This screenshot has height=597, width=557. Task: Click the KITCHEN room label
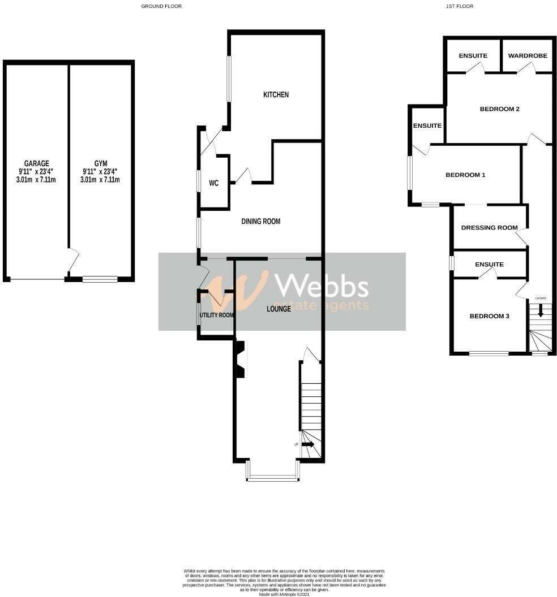pos(276,94)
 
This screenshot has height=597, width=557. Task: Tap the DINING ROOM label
pos(261,222)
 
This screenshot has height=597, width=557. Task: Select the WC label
pos(213,183)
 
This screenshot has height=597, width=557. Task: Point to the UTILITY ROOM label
pos(216,315)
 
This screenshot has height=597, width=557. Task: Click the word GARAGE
pos(36,164)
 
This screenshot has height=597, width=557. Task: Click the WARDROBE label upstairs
pos(526,56)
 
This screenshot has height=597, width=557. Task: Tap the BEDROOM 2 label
pos(499,109)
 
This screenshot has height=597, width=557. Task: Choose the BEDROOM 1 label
pos(465,175)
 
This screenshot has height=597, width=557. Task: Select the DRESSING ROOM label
pos(489,228)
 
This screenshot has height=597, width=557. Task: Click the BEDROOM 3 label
pos(489,317)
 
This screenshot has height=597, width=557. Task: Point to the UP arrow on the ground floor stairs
pos(308,444)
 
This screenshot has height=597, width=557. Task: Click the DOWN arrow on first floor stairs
pos(540,310)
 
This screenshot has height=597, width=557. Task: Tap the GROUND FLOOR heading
pos(161,6)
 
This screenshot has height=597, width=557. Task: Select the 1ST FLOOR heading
pos(459,6)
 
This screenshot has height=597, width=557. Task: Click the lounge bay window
pos(272,479)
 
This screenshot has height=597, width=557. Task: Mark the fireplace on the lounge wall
pos(240,360)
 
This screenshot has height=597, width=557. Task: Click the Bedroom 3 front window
pos(488,354)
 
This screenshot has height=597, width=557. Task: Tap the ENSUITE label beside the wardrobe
pos(473,56)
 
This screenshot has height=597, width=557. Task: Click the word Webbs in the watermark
pos(321,285)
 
